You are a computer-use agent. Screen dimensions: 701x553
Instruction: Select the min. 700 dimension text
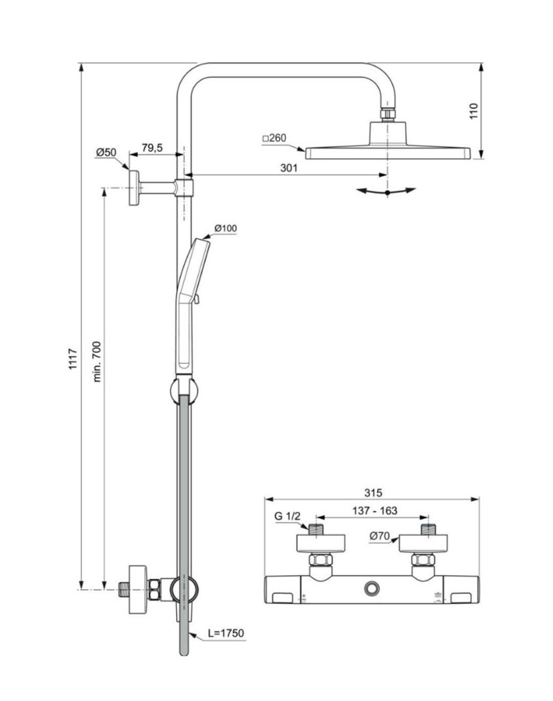point(97,361)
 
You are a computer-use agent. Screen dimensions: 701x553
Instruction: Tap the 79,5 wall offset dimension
point(151,148)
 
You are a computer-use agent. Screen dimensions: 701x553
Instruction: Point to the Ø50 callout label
point(106,153)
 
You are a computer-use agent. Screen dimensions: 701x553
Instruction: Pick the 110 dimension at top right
point(472,110)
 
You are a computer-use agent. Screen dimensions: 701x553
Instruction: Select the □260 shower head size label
point(273,138)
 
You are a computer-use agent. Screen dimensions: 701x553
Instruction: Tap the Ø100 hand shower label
point(225,228)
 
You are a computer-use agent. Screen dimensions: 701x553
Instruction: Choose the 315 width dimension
point(373,492)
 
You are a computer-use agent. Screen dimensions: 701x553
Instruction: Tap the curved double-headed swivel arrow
point(387,192)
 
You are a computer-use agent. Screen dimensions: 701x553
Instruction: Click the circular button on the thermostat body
point(372,588)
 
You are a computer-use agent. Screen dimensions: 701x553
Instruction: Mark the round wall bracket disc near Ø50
point(134,187)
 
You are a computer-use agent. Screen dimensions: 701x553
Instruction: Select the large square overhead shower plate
point(388,152)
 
